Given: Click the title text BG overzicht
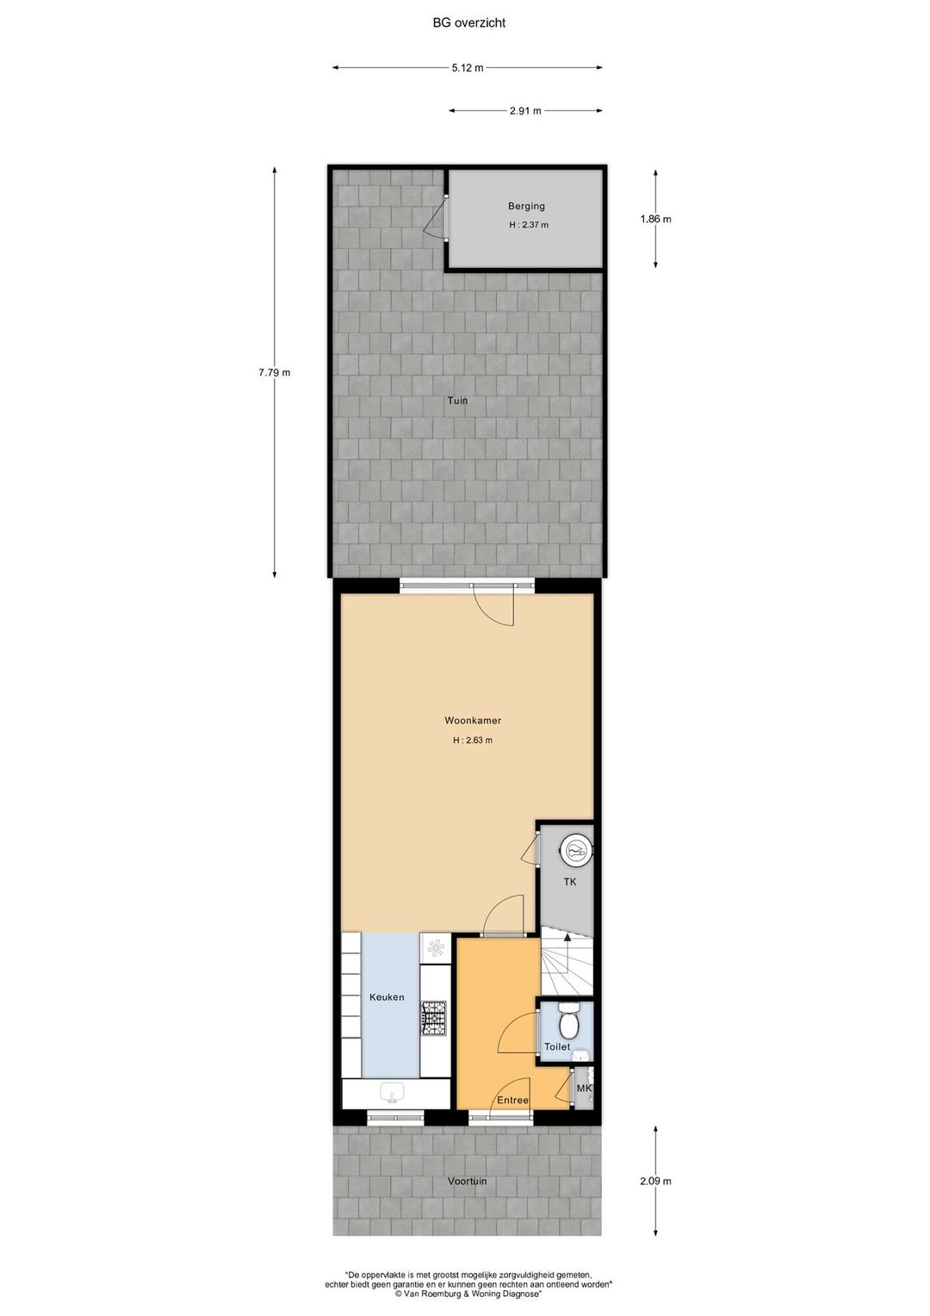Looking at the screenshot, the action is (468, 23).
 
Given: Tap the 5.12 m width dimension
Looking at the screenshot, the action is (468, 67).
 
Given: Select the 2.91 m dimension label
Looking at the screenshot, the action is (526, 110).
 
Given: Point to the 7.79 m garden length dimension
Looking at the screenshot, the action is (275, 372).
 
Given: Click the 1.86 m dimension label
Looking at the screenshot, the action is (655, 219).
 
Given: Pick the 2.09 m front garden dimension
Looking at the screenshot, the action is (655, 1181).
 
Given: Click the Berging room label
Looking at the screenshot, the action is (526, 206).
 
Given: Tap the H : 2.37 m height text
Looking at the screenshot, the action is (529, 225).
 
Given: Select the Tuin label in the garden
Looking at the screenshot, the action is (457, 400).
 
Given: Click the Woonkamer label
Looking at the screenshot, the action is (473, 720).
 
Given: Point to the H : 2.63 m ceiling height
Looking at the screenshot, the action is (473, 741).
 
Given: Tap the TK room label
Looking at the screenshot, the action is (570, 882).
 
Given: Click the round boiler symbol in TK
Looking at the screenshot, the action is (575, 850).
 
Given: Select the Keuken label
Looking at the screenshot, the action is (387, 997).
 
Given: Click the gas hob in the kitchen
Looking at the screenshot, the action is (433, 1018).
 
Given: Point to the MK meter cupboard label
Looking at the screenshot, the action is (584, 1089).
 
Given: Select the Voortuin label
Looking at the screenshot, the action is (467, 1181).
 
